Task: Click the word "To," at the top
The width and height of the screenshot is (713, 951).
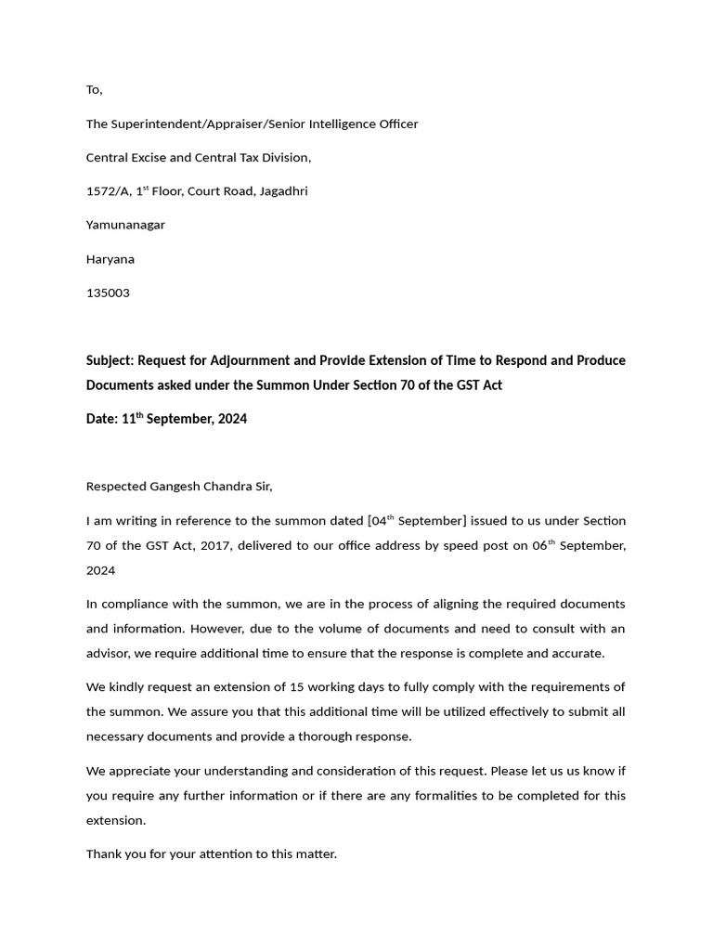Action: click(x=94, y=90)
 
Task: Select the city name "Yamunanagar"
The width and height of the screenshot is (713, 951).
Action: click(x=125, y=225)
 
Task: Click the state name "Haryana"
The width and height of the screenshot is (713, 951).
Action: click(x=110, y=259)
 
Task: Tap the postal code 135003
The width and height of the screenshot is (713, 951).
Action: click(x=108, y=293)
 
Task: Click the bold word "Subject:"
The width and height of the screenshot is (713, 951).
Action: click(x=110, y=360)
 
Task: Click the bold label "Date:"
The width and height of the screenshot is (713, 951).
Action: click(x=101, y=419)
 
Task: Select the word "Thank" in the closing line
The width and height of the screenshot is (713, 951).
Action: click(x=104, y=853)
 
